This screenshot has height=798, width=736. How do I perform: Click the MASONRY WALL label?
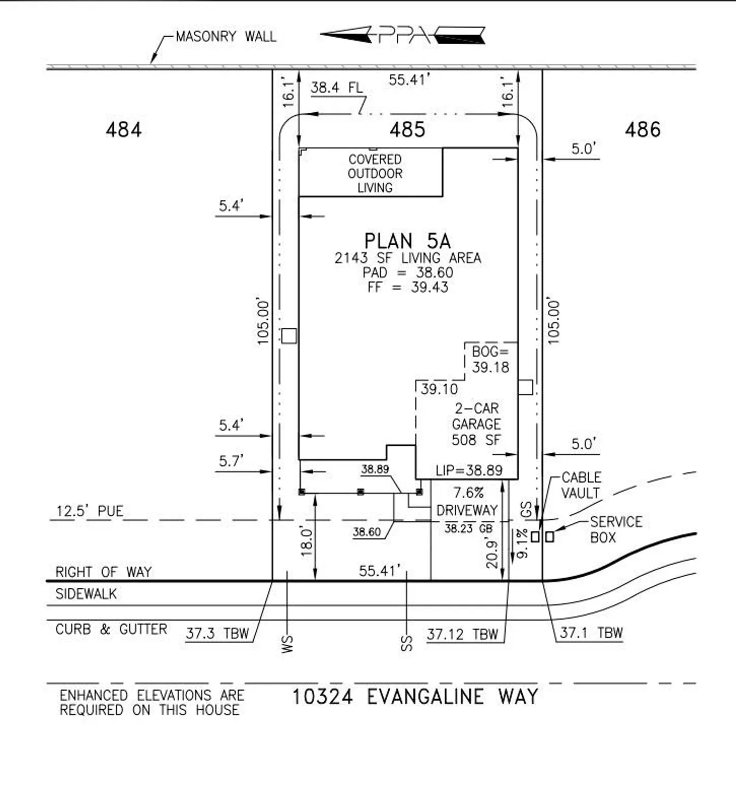(x=225, y=37)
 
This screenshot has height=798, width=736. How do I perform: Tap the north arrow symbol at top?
(x=403, y=35)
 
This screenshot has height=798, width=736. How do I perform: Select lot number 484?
(x=123, y=130)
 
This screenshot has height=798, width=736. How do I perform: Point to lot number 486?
(x=642, y=130)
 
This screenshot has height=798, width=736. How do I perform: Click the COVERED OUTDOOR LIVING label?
(x=375, y=173)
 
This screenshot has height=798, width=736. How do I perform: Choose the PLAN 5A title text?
(x=407, y=241)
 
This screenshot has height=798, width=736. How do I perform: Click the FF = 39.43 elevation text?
(x=407, y=287)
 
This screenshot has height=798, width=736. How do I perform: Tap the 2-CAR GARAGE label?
(x=476, y=423)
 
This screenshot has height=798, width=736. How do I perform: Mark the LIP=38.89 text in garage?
(x=469, y=470)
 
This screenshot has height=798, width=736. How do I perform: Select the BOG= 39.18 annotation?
(x=490, y=359)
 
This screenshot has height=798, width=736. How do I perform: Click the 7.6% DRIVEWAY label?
(x=467, y=502)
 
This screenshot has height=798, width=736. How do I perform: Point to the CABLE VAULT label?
(x=581, y=485)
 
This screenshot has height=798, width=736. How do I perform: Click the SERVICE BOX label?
(x=616, y=529)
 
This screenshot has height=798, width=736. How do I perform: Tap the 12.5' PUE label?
(x=90, y=511)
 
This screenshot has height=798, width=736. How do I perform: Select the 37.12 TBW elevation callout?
(x=462, y=634)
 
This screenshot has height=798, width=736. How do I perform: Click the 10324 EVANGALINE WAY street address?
(x=415, y=696)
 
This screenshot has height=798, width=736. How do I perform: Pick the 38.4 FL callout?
(x=337, y=88)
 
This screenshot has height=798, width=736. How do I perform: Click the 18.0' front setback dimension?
(x=306, y=542)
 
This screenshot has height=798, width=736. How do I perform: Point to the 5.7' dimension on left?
(x=231, y=461)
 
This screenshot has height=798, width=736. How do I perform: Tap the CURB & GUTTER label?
(x=111, y=629)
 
